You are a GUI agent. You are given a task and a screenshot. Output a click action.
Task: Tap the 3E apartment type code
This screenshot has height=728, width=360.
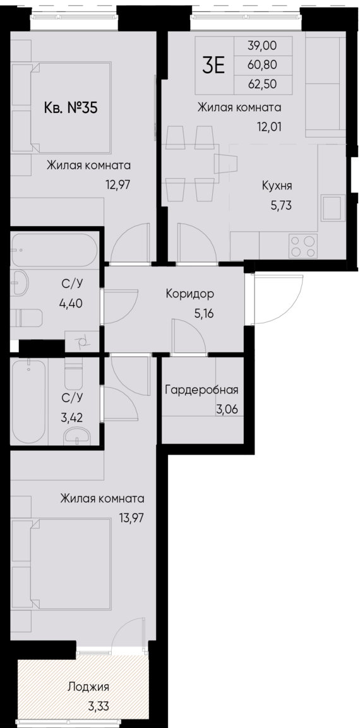pos(213,65)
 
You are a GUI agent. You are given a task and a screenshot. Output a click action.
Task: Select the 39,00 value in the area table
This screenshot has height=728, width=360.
pos(263,46)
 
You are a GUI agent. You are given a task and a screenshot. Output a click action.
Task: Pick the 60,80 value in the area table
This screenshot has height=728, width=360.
pos(263,64)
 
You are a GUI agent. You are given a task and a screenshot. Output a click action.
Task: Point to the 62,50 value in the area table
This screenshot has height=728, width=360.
pos(263,83)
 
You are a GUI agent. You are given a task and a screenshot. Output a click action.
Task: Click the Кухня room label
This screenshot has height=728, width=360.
pos(277,186)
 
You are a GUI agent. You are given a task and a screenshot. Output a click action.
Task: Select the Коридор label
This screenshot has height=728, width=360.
pos(189,294)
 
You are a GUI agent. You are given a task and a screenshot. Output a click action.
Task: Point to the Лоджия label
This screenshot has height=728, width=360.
pos(88,688)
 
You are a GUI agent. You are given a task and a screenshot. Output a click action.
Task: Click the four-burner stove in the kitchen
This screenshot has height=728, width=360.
pos(303,245)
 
